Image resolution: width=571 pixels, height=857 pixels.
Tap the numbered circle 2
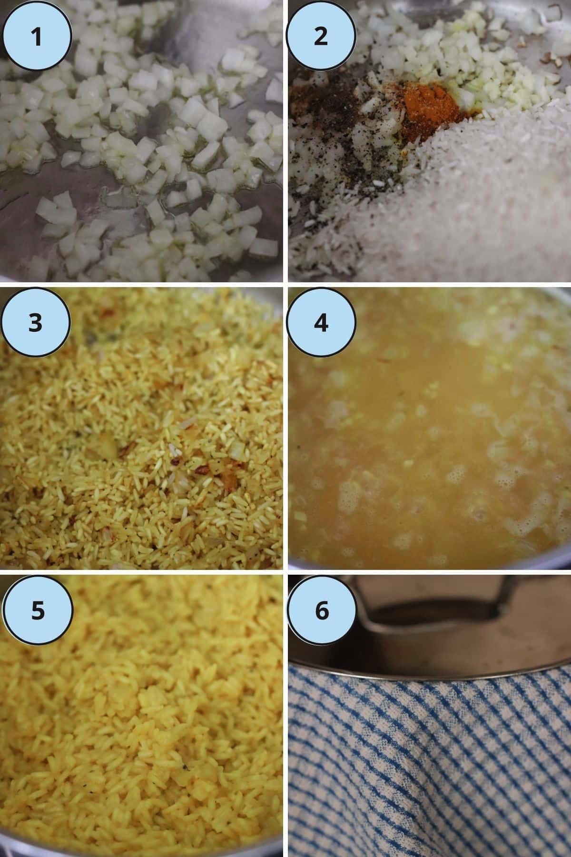pyautogui.click(x=322, y=36)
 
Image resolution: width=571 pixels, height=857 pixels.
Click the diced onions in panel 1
pyautogui.click(x=143, y=143)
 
